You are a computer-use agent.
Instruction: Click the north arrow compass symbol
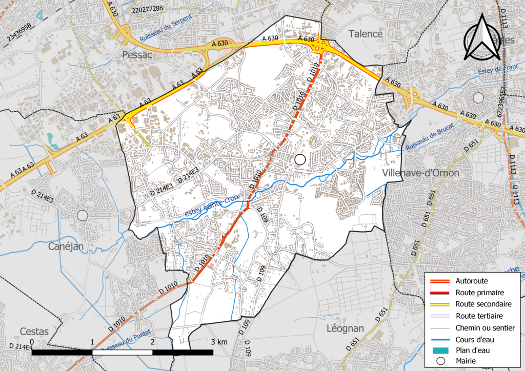[482, 38]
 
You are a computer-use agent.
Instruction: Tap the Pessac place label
[138, 55]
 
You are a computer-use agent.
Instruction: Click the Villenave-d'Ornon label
[420, 173]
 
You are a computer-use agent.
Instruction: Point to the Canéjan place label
[66, 247]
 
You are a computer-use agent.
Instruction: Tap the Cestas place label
[34, 332]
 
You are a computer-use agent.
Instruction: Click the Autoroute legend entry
[471, 281]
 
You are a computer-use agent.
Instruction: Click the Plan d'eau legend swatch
[439, 351]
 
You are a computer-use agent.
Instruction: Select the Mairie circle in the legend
[439, 361]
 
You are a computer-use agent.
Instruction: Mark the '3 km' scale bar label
[219, 342]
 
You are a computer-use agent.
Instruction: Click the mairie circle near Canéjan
[83, 215]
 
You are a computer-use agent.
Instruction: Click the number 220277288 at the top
[147, 9]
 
